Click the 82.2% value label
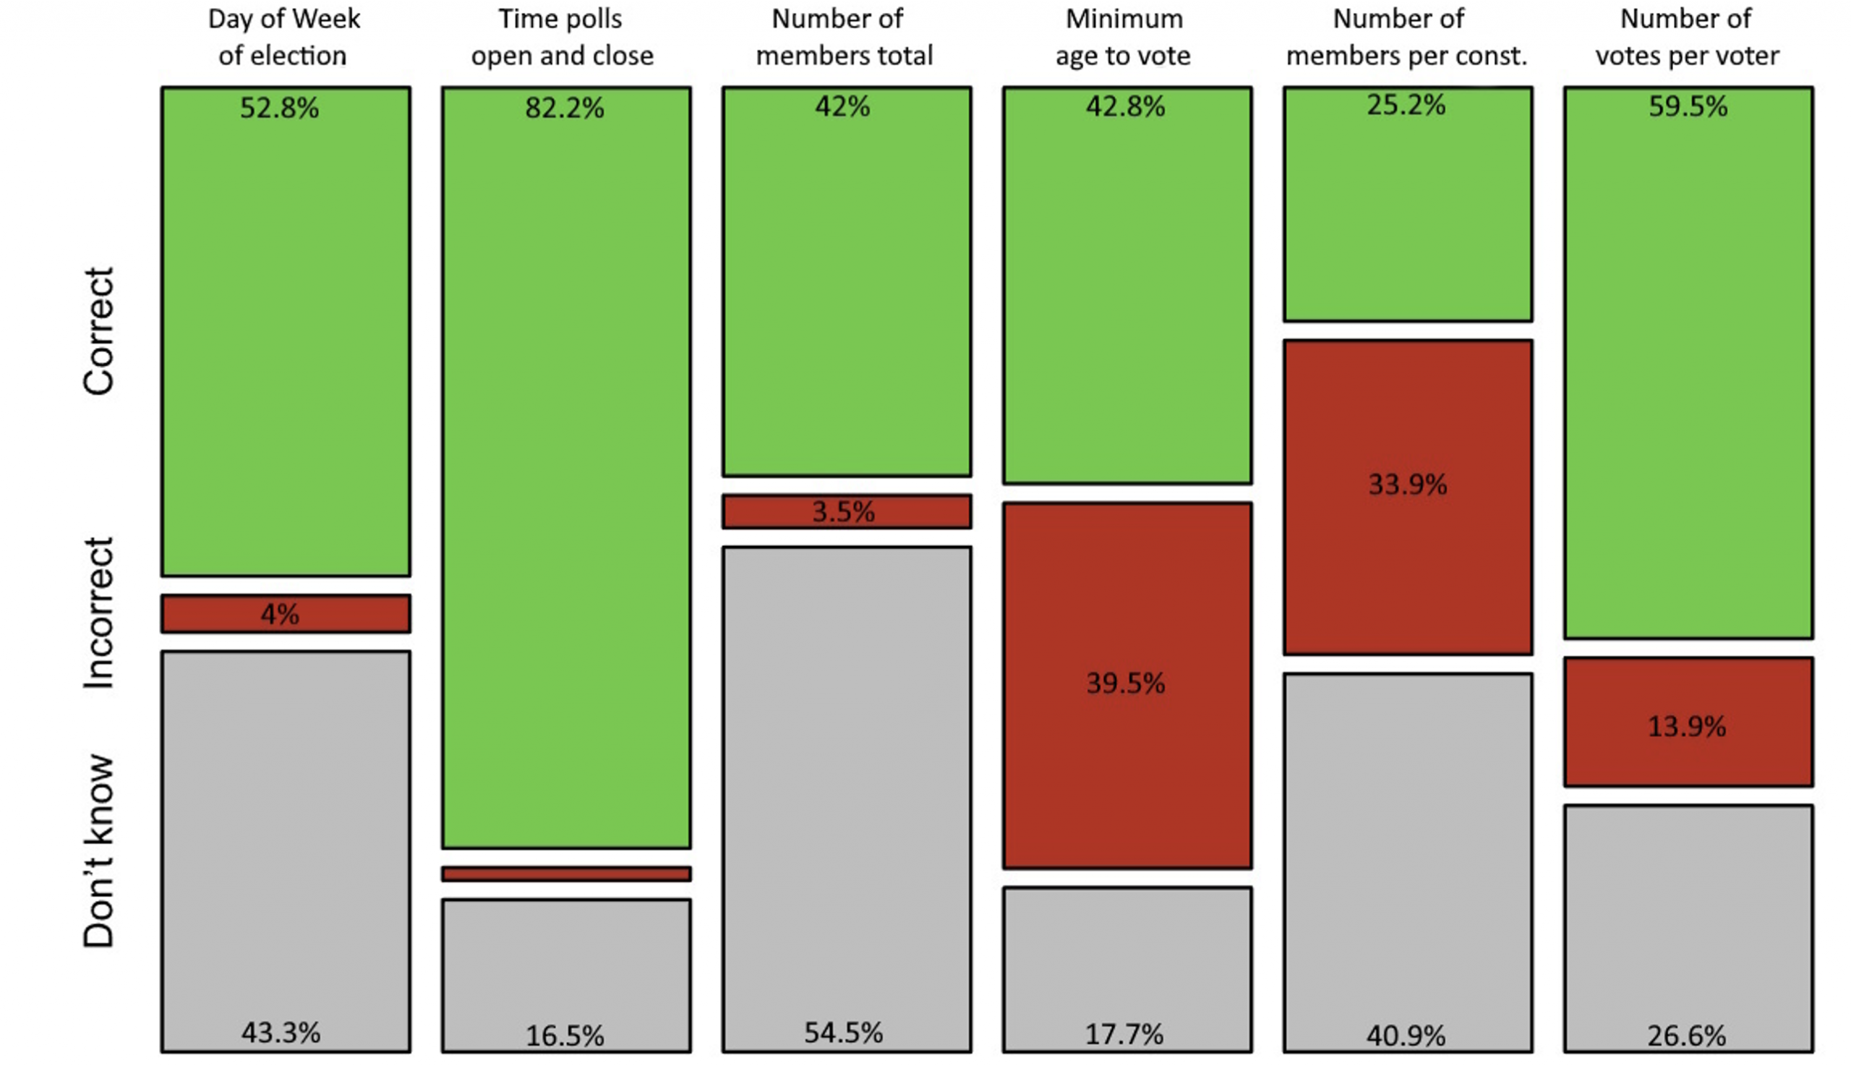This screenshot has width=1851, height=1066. (564, 108)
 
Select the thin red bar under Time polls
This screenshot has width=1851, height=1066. (565, 874)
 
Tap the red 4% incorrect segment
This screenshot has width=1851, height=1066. (286, 613)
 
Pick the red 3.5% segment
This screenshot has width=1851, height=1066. (847, 511)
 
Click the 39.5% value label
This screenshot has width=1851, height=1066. (1126, 683)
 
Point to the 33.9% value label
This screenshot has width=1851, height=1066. (1408, 485)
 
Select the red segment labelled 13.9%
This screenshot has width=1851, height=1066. (1688, 722)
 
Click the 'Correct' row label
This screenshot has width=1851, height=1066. (99, 331)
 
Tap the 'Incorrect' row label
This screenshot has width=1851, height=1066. (99, 613)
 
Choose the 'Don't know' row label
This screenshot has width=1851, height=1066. (99, 851)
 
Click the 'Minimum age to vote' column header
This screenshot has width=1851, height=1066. (1124, 38)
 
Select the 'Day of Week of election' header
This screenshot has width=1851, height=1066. (283, 38)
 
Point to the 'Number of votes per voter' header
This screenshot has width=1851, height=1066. (1686, 38)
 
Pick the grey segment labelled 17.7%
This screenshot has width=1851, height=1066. (1127, 969)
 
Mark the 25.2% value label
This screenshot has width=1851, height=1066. (1406, 106)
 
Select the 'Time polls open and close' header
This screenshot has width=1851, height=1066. (561, 38)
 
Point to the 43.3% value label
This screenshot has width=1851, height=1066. (281, 1033)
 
